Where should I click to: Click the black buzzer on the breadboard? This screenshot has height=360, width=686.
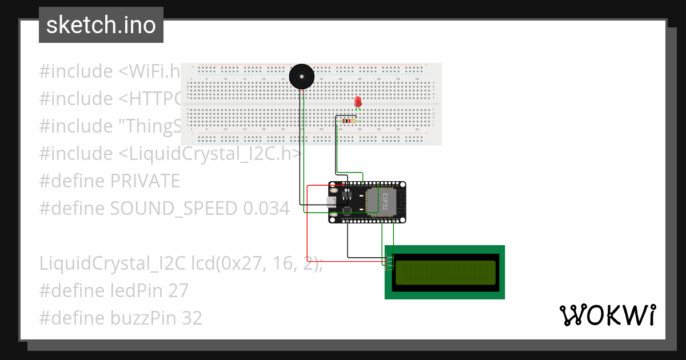pyautogui.click(x=301, y=76)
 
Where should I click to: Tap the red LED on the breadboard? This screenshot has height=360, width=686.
pyautogui.click(x=358, y=102)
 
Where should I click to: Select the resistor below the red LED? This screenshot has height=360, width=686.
pyautogui.click(x=348, y=121)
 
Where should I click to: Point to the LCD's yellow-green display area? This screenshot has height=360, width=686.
pyautogui.click(x=445, y=273)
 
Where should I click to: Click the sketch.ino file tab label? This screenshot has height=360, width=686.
pyautogui.click(x=101, y=25)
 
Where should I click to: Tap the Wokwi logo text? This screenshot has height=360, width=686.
pyautogui.click(x=607, y=315)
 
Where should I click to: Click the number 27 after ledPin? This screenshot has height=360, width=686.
pyautogui.click(x=178, y=291)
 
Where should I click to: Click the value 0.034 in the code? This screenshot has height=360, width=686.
pyautogui.click(x=266, y=209)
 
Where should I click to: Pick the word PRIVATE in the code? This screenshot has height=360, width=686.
pyautogui.click(x=145, y=181)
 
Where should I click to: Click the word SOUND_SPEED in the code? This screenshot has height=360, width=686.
pyautogui.click(x=174, y=209)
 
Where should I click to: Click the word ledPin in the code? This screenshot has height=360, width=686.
pyautogui.click(x=137, y=291)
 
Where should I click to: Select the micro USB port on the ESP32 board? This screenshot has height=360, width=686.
pyautogui.click(x=330, y=201)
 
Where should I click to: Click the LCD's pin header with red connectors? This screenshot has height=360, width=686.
pyautogui.click(x=389, y=261)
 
